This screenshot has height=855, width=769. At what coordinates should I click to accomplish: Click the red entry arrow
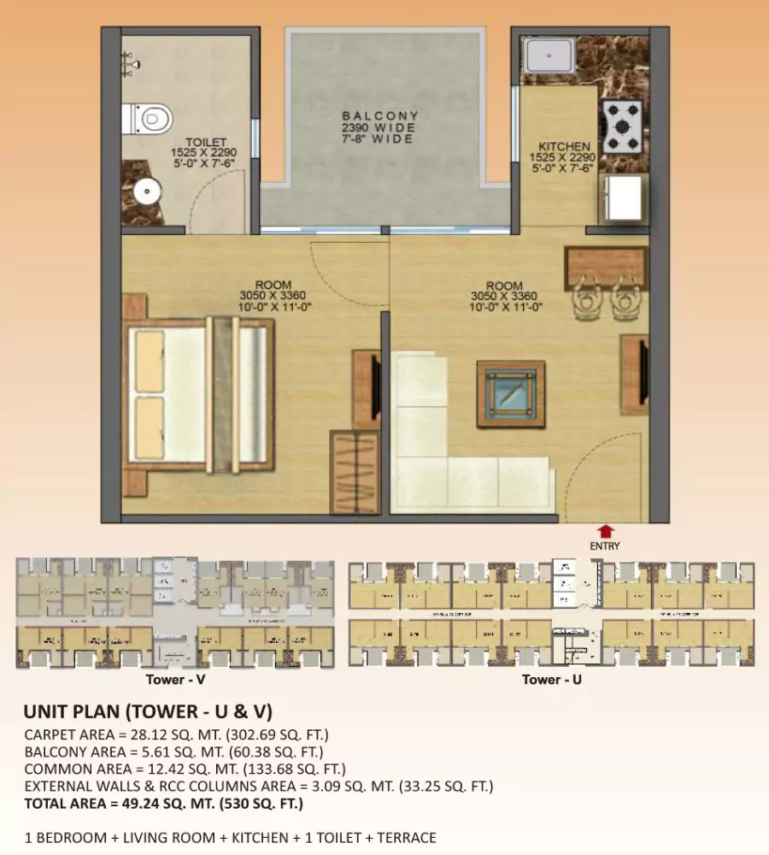coord(605,530)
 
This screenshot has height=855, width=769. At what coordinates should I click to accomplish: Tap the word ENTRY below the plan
coord(605,545)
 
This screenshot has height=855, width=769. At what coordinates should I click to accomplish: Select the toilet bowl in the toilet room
coord(149,118)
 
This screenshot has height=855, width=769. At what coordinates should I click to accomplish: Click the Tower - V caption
coord(177,680)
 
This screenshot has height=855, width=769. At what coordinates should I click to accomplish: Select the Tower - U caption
coord(552,680)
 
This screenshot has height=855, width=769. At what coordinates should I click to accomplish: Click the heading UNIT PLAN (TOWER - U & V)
coord(148,711)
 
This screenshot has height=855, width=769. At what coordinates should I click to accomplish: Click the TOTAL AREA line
coord(163,804)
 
